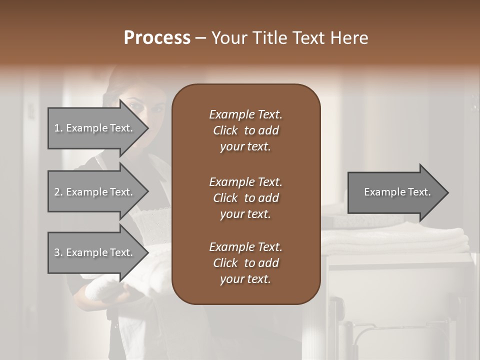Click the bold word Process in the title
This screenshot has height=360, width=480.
[157, 38]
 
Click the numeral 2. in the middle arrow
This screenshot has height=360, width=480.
[58, 192]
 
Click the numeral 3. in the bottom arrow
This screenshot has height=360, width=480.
[58, 252]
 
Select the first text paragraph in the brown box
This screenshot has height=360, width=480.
[245, 130]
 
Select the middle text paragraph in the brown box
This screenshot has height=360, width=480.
[245, 198]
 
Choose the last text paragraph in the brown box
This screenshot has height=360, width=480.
[245, 263]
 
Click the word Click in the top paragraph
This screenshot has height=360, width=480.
[225, 130]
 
